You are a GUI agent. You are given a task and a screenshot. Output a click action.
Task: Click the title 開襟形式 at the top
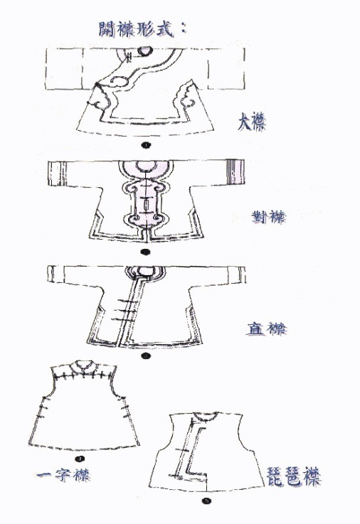[x=137, y=29]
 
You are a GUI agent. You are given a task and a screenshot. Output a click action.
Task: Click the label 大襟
[x=252, y=122]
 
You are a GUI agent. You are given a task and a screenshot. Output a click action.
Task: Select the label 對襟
[x=269, y=218]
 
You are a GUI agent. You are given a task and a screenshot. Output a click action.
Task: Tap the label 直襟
[x=266, y=328]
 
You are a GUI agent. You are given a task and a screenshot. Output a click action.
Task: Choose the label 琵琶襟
[x=294, y=477]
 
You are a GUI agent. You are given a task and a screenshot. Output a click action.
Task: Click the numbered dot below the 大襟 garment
[x=146, y=145]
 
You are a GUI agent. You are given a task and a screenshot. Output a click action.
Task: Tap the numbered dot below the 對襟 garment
[x=145, y=252]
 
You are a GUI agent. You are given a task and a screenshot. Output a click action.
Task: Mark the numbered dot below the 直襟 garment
[x=145, y=356]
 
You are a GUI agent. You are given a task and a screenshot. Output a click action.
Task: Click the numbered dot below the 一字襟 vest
[x=80, y=459]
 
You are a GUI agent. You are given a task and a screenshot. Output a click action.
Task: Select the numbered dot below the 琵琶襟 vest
[x=207, y=501]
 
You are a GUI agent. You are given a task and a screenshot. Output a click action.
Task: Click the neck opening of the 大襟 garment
[x=146, y=50]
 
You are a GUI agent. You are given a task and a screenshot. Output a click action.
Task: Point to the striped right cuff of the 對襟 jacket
[x=235, y=172]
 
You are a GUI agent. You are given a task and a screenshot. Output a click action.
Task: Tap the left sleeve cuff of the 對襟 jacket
[x=55, y=173]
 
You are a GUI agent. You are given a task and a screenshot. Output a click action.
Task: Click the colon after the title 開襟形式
[x=183, y=28]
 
